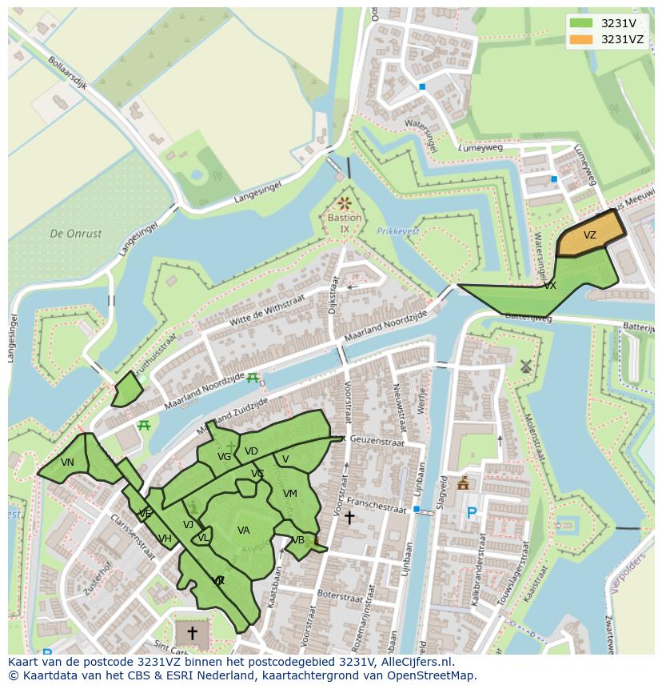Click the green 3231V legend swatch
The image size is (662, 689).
582,23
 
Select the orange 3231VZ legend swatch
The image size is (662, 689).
582,39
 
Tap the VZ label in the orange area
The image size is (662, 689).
589,235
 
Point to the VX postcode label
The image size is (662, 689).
550,286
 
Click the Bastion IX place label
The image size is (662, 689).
345,223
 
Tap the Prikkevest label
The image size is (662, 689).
397,231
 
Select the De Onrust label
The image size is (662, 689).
76,234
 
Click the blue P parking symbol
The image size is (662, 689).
472,513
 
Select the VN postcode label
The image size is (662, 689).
67,463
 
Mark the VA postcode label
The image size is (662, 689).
244,531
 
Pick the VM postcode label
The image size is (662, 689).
289,494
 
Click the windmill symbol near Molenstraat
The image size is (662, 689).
525,367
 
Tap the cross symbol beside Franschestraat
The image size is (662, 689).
349,518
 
